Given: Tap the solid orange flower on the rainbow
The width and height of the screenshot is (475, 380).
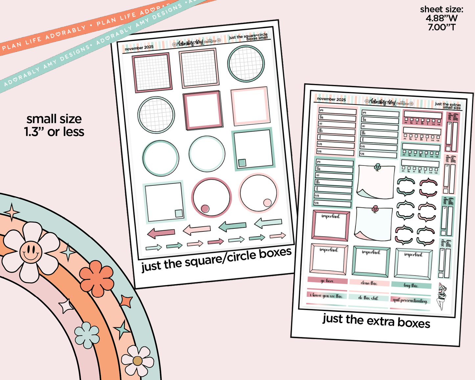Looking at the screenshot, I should pos(97,278).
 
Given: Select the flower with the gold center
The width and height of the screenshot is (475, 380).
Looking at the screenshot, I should pos(137,361).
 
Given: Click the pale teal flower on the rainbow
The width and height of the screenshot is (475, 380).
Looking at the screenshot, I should pos(87,335).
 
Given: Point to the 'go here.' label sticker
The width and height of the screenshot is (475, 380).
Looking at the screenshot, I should pos(327,281).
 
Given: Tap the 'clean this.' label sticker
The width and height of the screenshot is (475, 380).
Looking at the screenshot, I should pos(369,283).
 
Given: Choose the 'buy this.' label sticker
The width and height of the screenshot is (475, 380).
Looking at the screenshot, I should pos(411,285).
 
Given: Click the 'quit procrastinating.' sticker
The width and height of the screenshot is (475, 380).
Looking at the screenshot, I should pos(410,300).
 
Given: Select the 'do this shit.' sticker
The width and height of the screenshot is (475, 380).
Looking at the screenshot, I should pos(368,297).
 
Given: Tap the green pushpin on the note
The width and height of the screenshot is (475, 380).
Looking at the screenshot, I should pos(377,167).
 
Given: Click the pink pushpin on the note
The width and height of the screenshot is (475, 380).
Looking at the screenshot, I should pos(375,208).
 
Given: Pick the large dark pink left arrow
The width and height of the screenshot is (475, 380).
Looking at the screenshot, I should pos(161,233).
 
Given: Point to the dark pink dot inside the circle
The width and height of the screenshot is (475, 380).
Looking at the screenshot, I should pos(205,208).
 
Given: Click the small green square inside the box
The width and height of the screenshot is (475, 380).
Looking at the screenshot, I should pos(242,163).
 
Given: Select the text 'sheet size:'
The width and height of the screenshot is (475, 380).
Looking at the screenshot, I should pos(441,10).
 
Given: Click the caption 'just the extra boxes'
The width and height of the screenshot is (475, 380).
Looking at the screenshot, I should pos(376,321).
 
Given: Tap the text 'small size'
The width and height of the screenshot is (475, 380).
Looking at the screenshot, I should pos(54,119).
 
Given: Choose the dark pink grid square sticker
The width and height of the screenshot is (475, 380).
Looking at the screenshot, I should pos(152,72).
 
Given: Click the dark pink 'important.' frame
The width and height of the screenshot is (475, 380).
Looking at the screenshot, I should pos(330,226).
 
